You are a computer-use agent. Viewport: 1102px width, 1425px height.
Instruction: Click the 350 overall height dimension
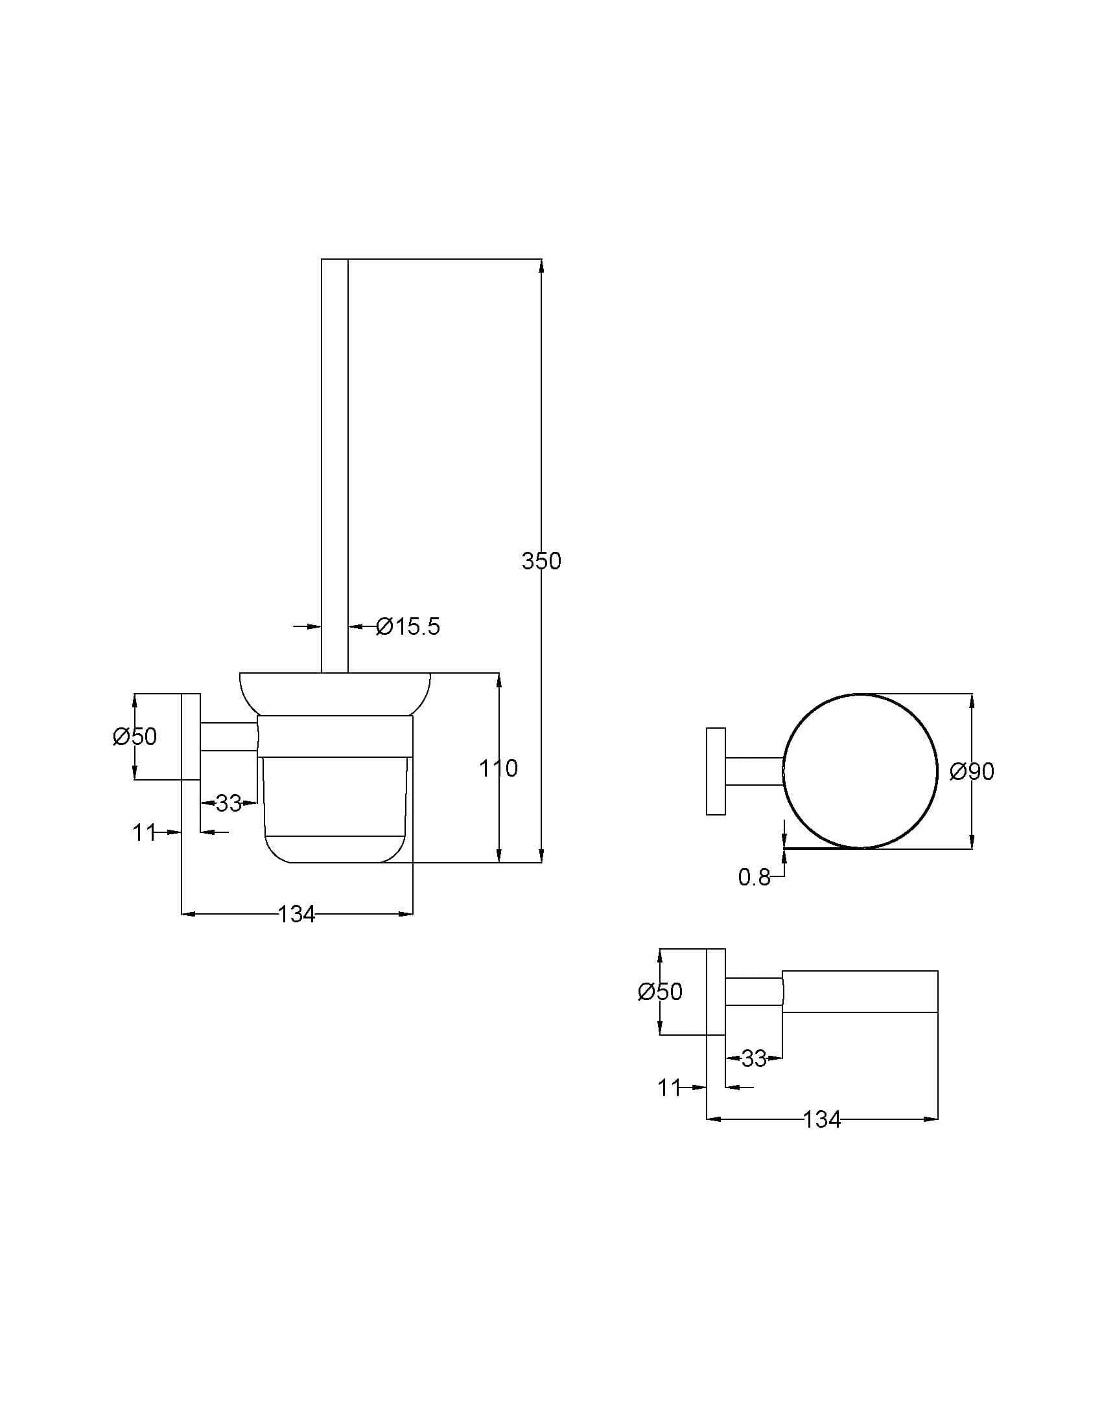coord(541,561)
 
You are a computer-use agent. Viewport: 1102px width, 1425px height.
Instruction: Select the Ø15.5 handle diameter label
coord(408,627)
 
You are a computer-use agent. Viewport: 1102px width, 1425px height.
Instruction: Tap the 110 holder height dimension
coord(498,769)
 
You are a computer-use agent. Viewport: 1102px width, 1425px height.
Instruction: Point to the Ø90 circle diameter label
coord(972,772)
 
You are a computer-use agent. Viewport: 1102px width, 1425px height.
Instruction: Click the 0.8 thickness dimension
coord(754,878)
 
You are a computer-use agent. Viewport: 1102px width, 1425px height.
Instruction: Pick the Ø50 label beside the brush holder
coord(135,736)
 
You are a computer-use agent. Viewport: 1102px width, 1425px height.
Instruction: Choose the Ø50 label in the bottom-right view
coord(660,992)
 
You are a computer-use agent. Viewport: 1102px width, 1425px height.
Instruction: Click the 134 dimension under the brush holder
coord(297,914)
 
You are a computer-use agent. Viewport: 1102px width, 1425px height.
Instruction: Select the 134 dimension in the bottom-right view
coord(822,1120)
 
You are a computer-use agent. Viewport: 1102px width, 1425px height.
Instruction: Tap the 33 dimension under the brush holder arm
coord(228,804)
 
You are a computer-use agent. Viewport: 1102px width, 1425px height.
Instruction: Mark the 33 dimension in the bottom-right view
coord(754,1059)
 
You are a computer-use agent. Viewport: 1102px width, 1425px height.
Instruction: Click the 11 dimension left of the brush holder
coord(144,832)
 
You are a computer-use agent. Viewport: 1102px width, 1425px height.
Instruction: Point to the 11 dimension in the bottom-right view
coord(669,1088)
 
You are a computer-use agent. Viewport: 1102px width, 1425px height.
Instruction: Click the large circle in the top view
coord(860,771)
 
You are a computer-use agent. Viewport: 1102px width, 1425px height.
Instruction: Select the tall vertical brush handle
coord(334,457)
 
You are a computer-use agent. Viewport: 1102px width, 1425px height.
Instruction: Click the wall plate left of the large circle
coord(716,771)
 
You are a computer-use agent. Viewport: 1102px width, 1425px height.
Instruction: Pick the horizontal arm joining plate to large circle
coord(755,771)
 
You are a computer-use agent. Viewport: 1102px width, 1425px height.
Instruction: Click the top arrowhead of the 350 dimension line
coord(541,264)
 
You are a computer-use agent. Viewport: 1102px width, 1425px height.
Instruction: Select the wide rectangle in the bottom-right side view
coord(860,992)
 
